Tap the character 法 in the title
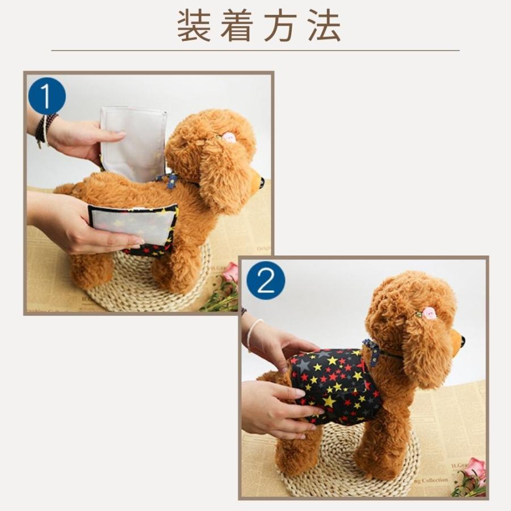click(325, 26)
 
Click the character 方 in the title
click(281, 26)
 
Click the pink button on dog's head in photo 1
click(229, 137)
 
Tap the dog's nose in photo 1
click(262, 183)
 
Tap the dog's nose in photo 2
click(463, 341)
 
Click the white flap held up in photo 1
click(134, 142)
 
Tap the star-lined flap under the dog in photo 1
click(133, 227)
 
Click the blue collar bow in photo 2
click(373, 350)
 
